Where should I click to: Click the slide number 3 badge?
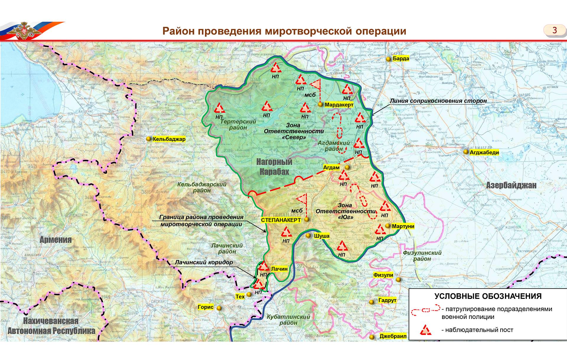point(554,30)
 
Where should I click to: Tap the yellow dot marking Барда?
point(388,59)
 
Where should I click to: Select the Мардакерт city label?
point(339,105)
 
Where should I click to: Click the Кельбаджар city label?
point(169,139)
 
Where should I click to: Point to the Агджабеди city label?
point(484,152)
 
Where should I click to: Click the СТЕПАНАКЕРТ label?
point(281,220)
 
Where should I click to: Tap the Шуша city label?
point(322,236)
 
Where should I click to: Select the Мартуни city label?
point(403,226)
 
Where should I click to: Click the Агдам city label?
point(331,167)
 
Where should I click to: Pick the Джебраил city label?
point(393,336)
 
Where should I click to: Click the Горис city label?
point(206,307)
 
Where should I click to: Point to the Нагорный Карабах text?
point(274,167)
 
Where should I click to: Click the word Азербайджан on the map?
point(511,185)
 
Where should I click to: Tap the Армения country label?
point(56,240)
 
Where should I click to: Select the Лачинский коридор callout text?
point(204,262)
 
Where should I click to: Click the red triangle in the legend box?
point(425,330)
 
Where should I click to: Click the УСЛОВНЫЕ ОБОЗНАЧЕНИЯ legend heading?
point(488,296)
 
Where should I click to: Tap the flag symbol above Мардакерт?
point(316,84)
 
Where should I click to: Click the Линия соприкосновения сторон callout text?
point(438,101)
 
